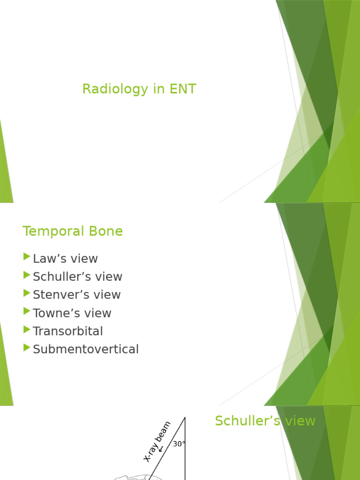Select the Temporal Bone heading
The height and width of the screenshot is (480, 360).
[73, 231]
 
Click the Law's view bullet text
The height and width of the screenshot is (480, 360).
[65, 258]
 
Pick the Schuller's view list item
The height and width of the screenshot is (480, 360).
[77, 277]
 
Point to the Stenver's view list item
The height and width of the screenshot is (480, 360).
[76, 294]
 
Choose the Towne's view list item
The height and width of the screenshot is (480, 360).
[72, 313]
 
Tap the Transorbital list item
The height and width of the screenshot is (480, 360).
[67, 331]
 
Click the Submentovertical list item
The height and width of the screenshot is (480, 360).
[86, 349]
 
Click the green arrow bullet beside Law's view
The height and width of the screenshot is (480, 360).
[26, 257]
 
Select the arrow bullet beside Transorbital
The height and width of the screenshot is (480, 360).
[26, 330]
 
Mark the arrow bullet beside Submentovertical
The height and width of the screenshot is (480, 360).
[26, 348]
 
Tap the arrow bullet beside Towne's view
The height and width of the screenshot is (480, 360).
[26, 311]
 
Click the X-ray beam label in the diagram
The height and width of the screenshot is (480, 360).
[157, 441]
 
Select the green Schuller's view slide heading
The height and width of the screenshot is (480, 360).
[265, 421]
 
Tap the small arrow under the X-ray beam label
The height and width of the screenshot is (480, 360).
[161, 449]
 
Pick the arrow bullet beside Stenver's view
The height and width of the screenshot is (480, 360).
[26, 293]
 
